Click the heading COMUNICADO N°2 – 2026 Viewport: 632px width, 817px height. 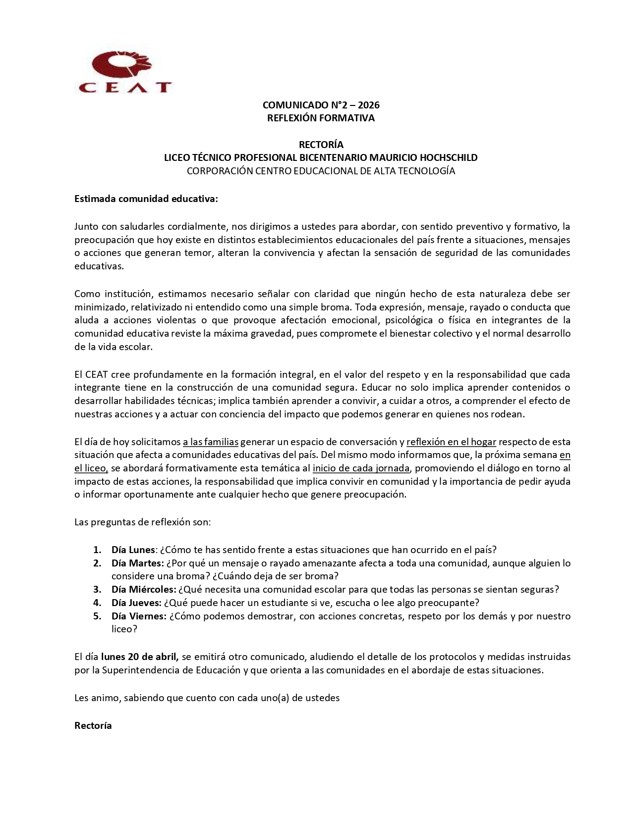321,105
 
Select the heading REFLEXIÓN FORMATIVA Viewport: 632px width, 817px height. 321,118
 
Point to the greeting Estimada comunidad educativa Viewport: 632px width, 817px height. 146,199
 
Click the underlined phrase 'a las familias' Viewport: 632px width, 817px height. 211,442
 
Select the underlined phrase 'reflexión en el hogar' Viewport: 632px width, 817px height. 451,442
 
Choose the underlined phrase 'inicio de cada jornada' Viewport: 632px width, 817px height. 361,468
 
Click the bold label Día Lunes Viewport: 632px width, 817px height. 133,550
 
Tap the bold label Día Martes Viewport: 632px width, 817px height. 137,563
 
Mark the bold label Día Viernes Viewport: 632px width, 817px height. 138,616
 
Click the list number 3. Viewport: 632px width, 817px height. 97,589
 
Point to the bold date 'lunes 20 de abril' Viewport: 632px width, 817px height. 140,657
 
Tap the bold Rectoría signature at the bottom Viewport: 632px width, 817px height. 93,725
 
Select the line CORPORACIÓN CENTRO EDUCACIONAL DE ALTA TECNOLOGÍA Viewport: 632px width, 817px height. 321,171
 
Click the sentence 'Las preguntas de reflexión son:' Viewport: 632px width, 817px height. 143,522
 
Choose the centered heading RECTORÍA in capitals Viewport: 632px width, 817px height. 321,145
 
